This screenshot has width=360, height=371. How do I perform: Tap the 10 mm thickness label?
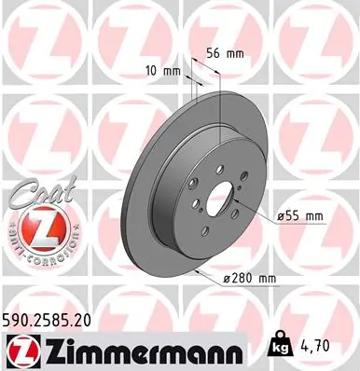point(166,70)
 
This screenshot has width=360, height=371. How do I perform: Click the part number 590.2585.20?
point(51,319)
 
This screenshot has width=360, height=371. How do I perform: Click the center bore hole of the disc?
point(225,202)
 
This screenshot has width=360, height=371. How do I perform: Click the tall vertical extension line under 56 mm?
point(219,112)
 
